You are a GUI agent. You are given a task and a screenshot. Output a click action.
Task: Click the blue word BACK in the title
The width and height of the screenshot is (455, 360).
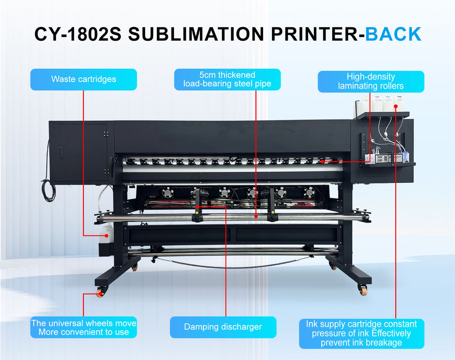tap(393, 34)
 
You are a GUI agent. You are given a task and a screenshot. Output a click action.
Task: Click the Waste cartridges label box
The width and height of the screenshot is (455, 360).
tap(83, 79)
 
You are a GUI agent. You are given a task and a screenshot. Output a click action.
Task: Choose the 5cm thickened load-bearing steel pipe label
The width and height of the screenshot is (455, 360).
tap(227, 79)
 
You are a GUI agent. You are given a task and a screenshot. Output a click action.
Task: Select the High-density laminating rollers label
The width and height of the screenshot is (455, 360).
tap(371, 81)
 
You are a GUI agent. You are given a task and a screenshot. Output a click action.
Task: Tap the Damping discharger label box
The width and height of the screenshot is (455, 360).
tap(223, 327)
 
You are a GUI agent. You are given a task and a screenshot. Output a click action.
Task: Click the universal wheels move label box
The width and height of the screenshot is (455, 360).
tap(83, 327)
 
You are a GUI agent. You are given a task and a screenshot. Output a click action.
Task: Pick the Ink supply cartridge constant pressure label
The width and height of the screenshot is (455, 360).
tap(361, 333)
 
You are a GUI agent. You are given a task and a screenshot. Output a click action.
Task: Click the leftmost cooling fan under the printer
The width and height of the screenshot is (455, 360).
tap(167, 192)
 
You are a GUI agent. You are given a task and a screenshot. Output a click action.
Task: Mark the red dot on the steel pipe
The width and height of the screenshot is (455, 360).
tap(256, 216)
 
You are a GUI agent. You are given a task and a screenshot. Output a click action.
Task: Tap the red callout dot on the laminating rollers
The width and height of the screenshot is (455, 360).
tap(322, 162)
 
